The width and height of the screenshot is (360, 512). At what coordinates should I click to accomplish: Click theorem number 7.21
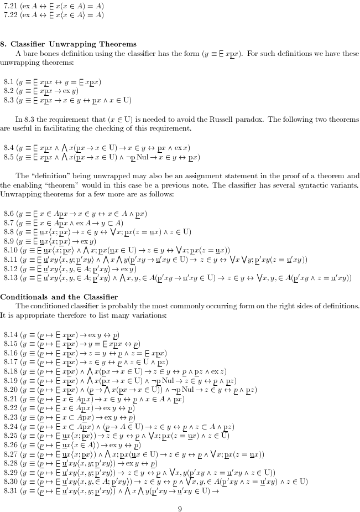tap(11, 6)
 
